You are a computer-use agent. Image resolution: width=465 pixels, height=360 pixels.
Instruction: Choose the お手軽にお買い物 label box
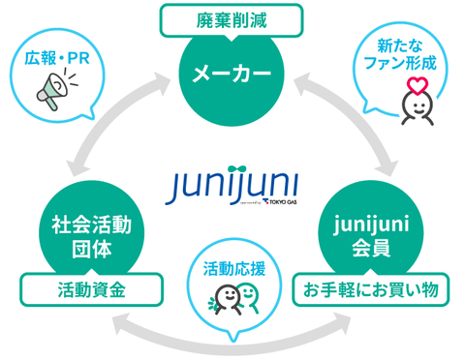[374, 287]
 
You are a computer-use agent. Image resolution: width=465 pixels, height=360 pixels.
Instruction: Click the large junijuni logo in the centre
[231, 183]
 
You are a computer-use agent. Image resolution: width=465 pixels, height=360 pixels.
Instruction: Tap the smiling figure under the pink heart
[418, 105]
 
